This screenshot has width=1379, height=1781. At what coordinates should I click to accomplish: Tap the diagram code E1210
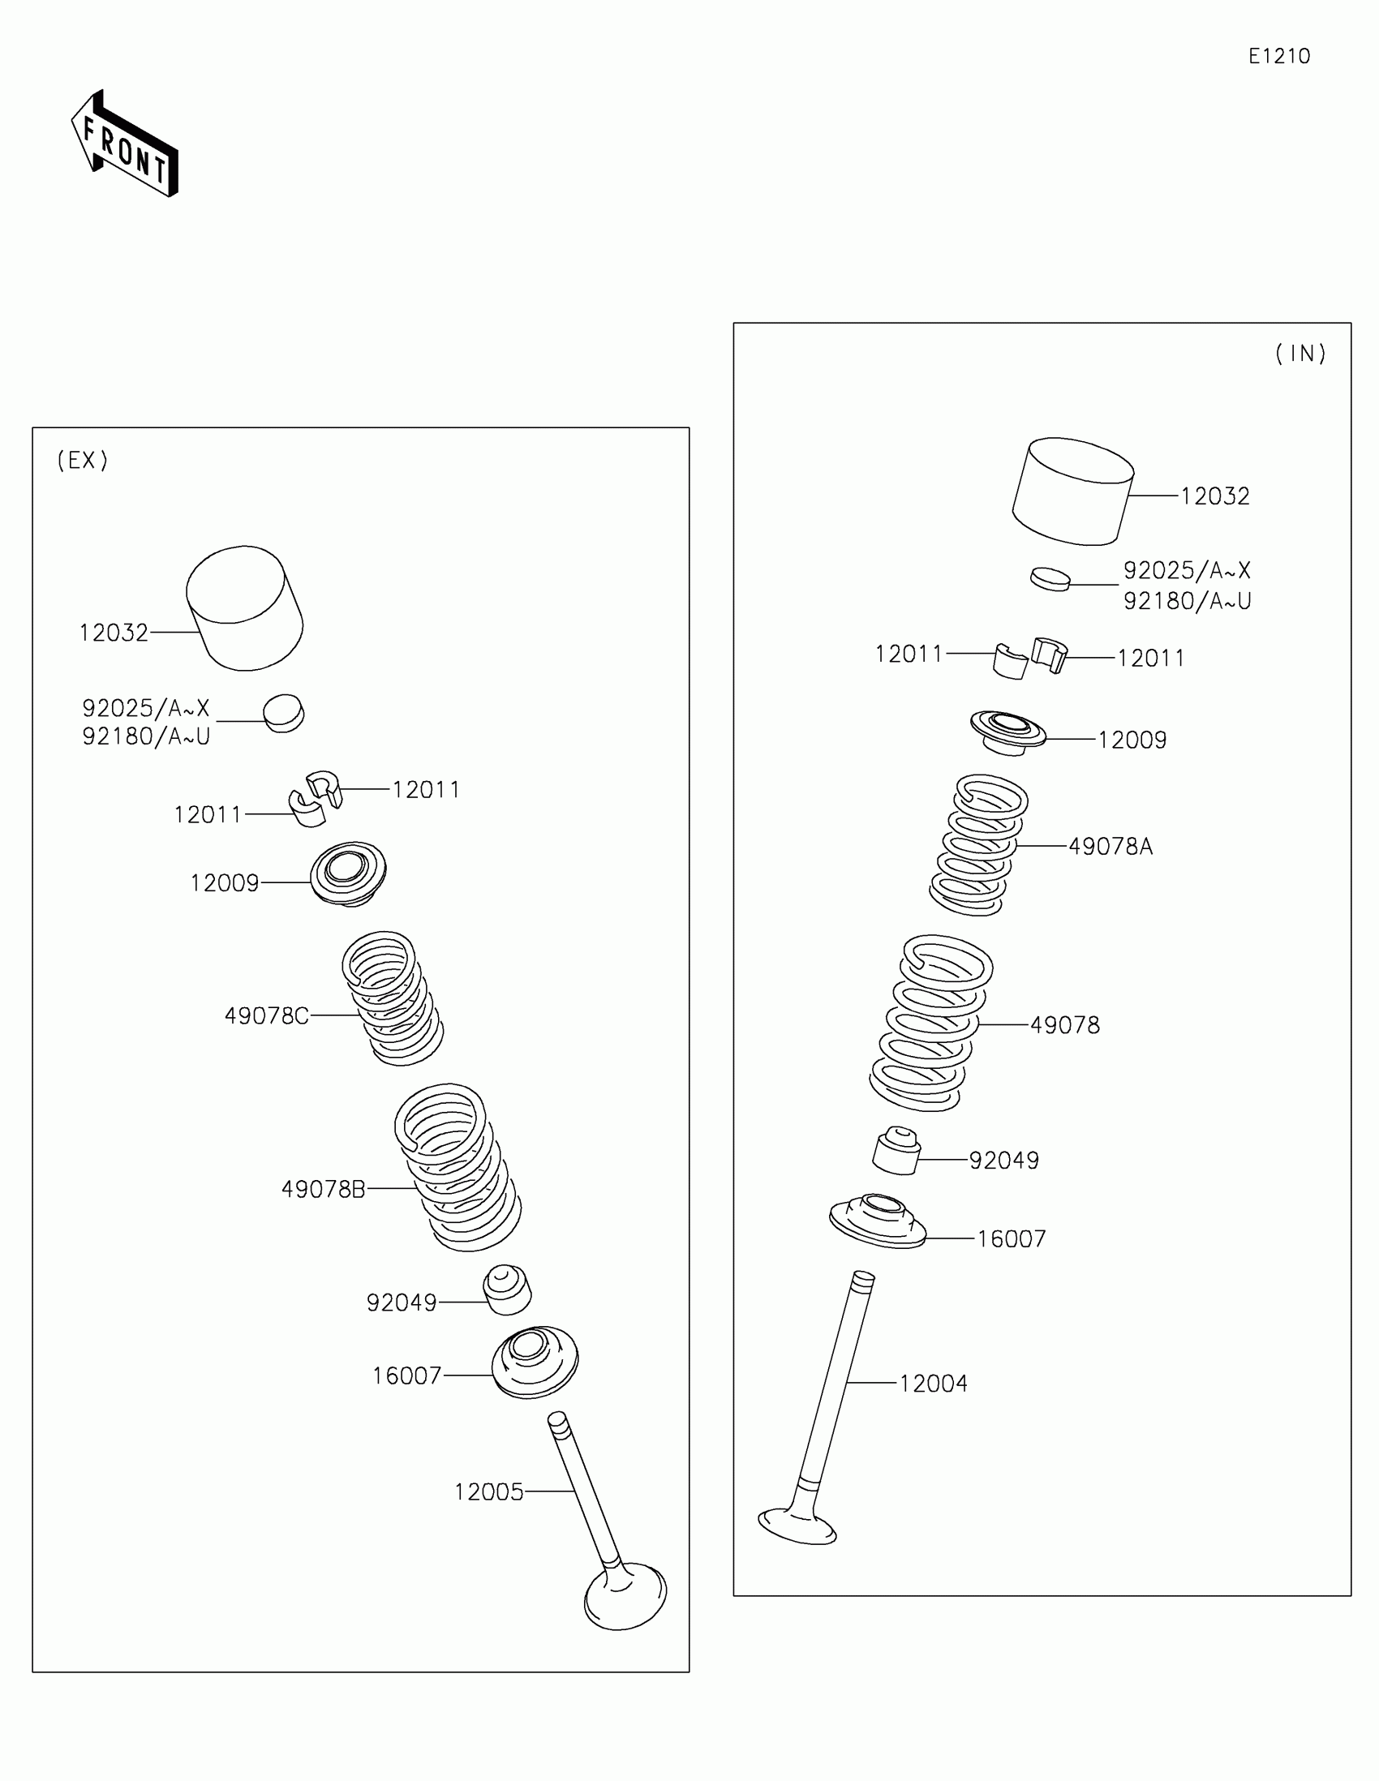pos(1278,56)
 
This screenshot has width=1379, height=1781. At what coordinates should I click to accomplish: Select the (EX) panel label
pos(83,461)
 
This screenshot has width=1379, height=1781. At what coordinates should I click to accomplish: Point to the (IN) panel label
pos(1300,354)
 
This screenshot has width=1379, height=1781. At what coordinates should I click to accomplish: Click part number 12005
pos(488,1492)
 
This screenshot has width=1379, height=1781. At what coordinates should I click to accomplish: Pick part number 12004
pos(933,1384)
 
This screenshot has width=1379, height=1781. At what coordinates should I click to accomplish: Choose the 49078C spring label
pos(267,1016)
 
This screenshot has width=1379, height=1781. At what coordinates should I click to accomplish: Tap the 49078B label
pos(323,1190)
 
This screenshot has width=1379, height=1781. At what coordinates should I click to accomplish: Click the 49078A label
pos(1110,848)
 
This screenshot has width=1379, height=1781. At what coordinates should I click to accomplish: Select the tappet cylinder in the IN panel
pos(1072,492)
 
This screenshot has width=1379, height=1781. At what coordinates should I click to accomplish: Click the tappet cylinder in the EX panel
pos(245,608)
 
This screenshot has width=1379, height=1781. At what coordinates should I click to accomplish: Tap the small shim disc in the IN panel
pos(1050,579)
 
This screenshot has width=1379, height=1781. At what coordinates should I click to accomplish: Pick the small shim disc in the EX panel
pos(283,714)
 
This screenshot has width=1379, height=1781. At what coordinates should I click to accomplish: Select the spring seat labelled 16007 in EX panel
pos(535,1361)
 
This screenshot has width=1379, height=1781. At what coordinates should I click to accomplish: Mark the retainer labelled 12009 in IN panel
pos(1008,732)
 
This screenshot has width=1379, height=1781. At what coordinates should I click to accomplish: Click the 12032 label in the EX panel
pos(114,633)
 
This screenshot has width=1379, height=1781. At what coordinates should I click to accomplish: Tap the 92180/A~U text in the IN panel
pos(1187,601)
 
